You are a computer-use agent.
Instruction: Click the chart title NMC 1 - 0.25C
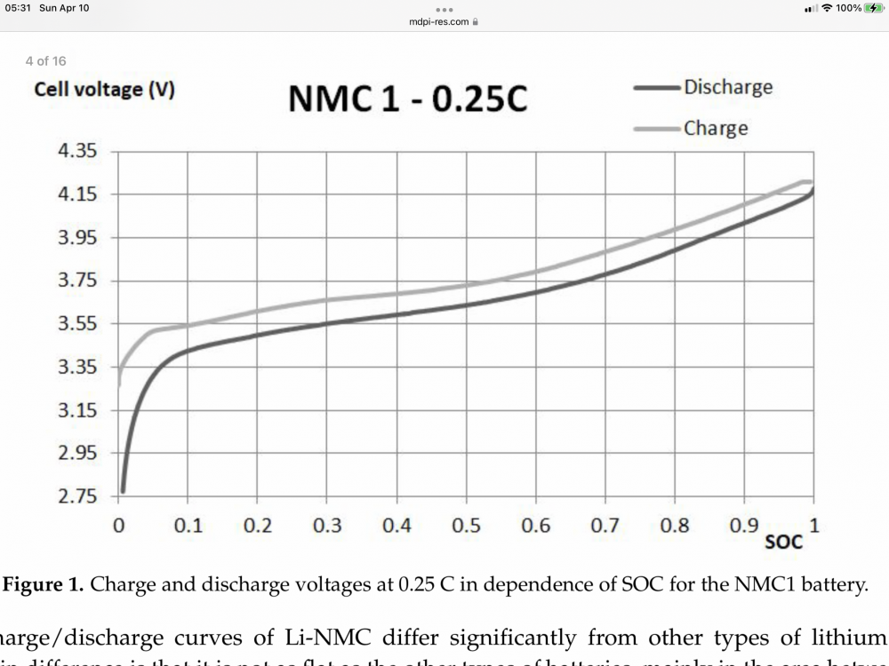(x=407, y=99)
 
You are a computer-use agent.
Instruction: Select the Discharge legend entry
(x=727, y=87)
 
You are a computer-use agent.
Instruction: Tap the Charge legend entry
(x=715, y=128)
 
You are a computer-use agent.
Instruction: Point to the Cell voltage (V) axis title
(x=104, y=90)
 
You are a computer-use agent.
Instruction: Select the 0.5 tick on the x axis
(x=467, y=526)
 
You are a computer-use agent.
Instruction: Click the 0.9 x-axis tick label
(x=745, y=526)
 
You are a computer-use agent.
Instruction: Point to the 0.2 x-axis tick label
(x=258, y=526)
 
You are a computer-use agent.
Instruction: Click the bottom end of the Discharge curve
(x=123, y=489)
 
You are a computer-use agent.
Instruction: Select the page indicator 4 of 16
(x=46, y=61)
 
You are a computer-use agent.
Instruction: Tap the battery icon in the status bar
(x=873, y=8)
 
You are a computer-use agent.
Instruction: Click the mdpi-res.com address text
(x=439, y=21)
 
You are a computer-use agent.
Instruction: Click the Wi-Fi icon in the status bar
(x=827, y=8)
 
